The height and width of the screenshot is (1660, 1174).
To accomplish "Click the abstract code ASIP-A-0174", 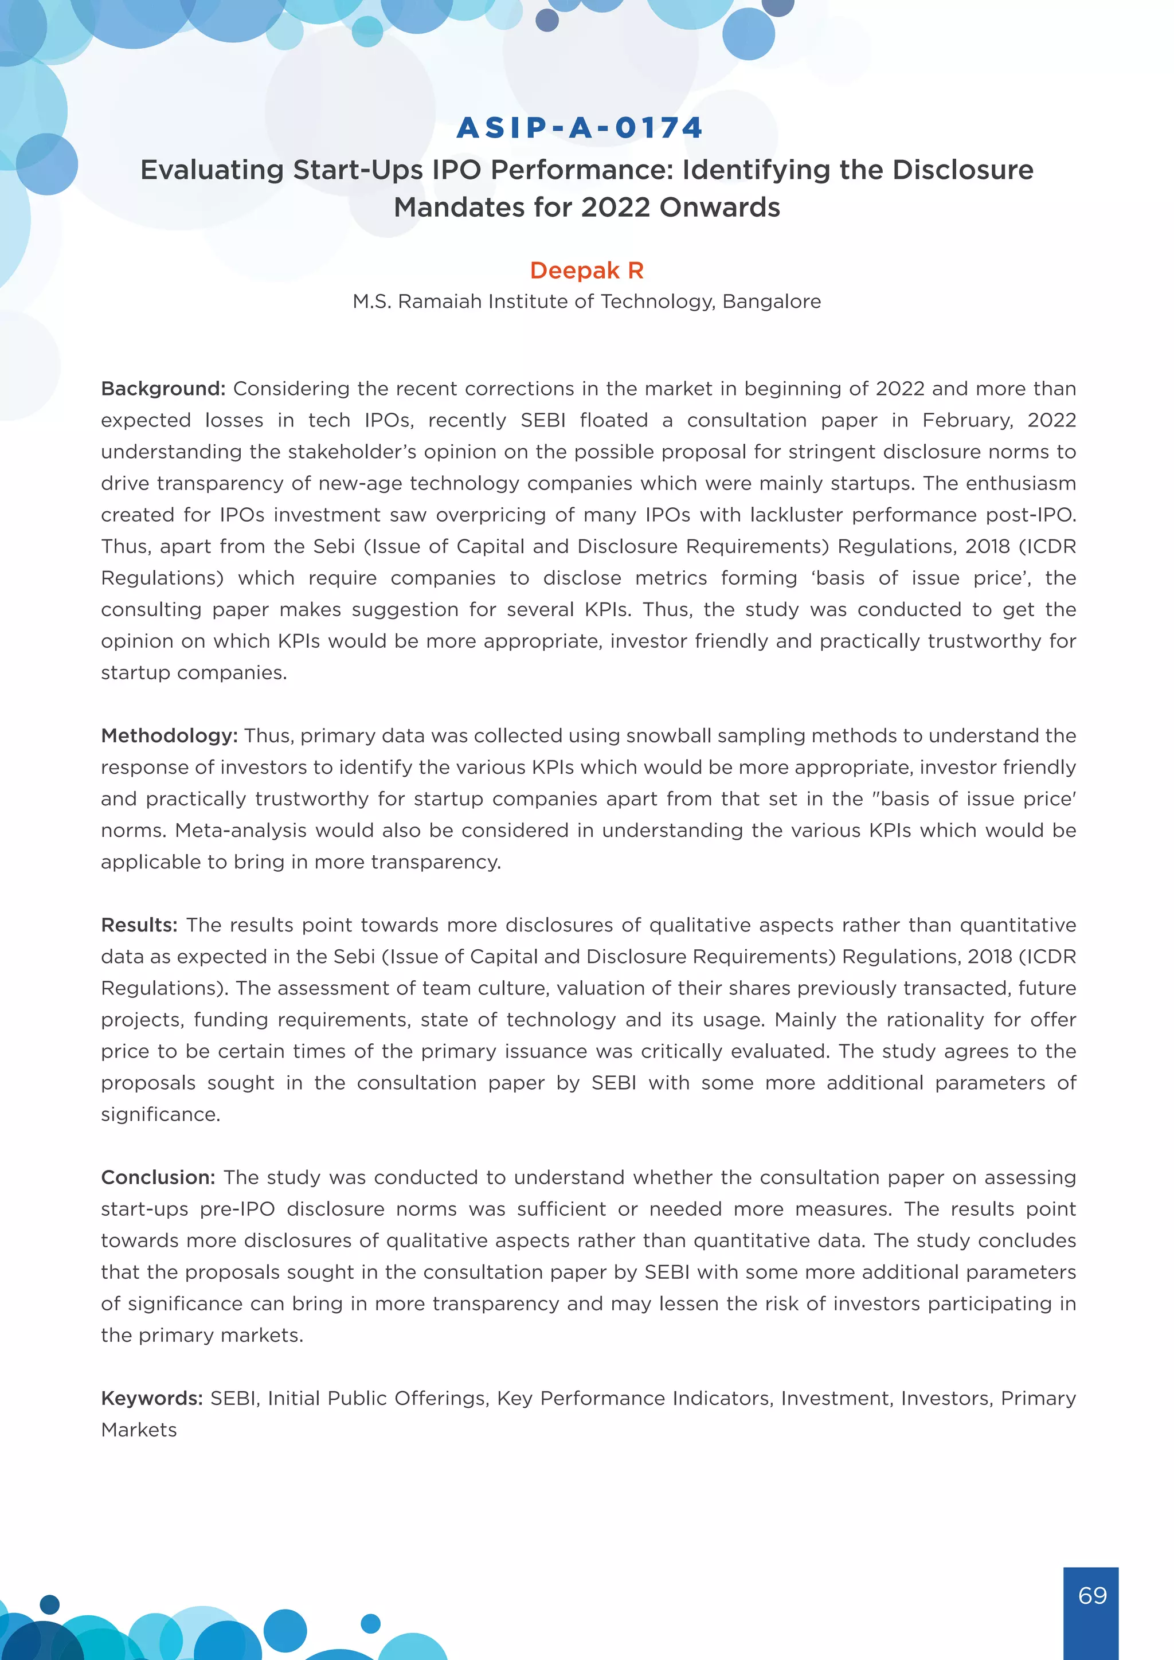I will [x=580, y=128].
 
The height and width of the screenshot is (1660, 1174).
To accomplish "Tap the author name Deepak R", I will [x=586, y=271].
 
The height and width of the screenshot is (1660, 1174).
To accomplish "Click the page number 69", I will [x=1091, y=1595].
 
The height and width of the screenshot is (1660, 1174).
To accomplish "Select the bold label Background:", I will [x=163, y=389].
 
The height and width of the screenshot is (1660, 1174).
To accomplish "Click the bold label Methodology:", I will [x=169, y=736].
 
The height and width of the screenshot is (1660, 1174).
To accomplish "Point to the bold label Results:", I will [x=139, y=925].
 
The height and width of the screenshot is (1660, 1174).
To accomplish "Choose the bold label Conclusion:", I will [x=158, y=1178].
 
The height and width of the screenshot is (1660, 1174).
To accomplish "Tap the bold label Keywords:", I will [x=152, y=1398].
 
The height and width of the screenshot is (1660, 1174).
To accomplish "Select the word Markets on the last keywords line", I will [x=139, y=1430].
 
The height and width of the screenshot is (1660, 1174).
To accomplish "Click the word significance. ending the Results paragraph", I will [x=161, y=1115].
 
